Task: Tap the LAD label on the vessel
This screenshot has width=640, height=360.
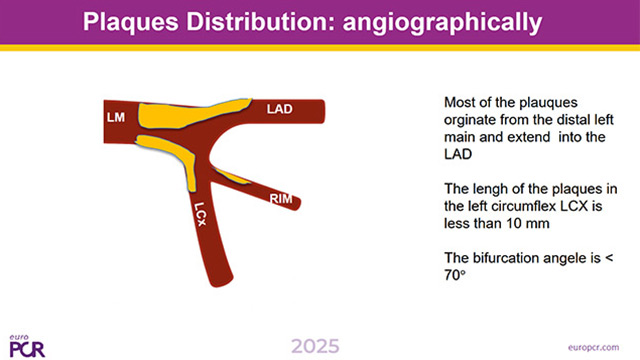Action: click(x=280, y=106)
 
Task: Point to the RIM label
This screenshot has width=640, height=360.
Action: click(x=281, y=199)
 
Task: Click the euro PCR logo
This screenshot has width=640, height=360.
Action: click(x=26, y=344)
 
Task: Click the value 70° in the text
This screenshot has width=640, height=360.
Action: click(x=457, y=272)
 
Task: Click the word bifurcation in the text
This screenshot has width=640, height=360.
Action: click(x=505, y=254)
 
